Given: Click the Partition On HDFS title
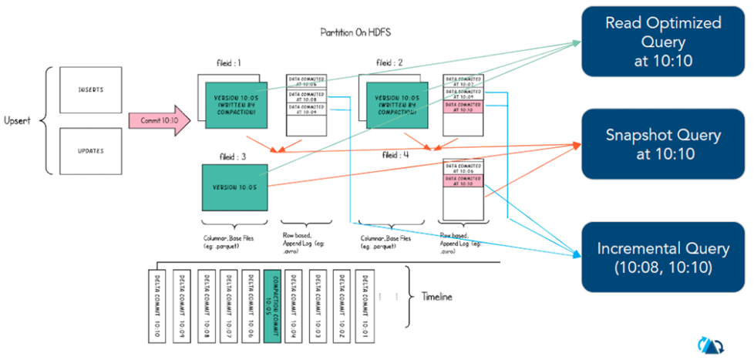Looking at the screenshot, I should pos(355,33).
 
